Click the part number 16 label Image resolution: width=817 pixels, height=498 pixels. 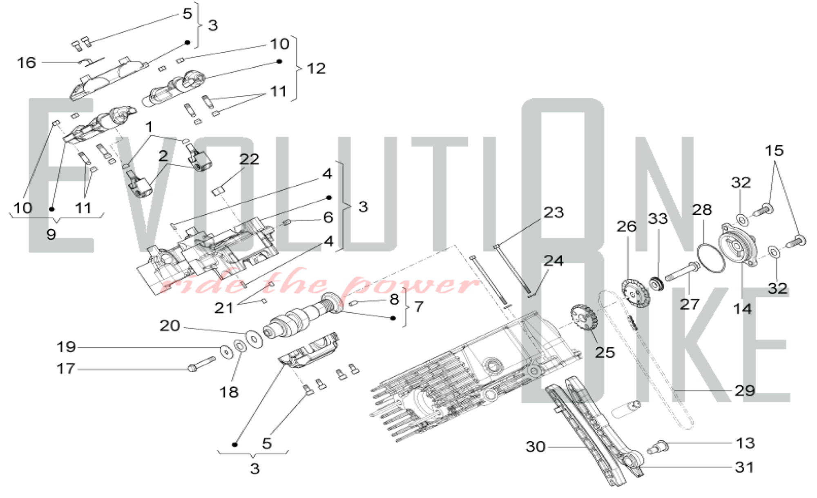tap(26, 63)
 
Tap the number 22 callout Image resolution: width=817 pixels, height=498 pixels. tap(249, 159)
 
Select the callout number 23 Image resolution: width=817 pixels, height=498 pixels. tap(554, 213)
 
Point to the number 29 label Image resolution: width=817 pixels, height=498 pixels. tap(745, 391)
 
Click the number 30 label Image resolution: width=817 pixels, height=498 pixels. tap(536, 447)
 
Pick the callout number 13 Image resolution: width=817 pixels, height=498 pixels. tap(745, 443)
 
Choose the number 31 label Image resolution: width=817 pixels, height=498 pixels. tap(744, 467)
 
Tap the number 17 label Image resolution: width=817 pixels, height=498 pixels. tap(66, 369)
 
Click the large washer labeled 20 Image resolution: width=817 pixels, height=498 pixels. tap(254, 338)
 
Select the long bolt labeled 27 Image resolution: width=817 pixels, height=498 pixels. tap(682, 271)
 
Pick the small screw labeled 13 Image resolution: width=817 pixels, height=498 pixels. tap(658, 447)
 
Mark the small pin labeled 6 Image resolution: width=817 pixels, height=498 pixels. tap(287, 222)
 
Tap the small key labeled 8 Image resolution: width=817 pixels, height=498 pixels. tap(354, 303)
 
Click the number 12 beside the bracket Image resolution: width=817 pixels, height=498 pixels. tap(316, 69)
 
